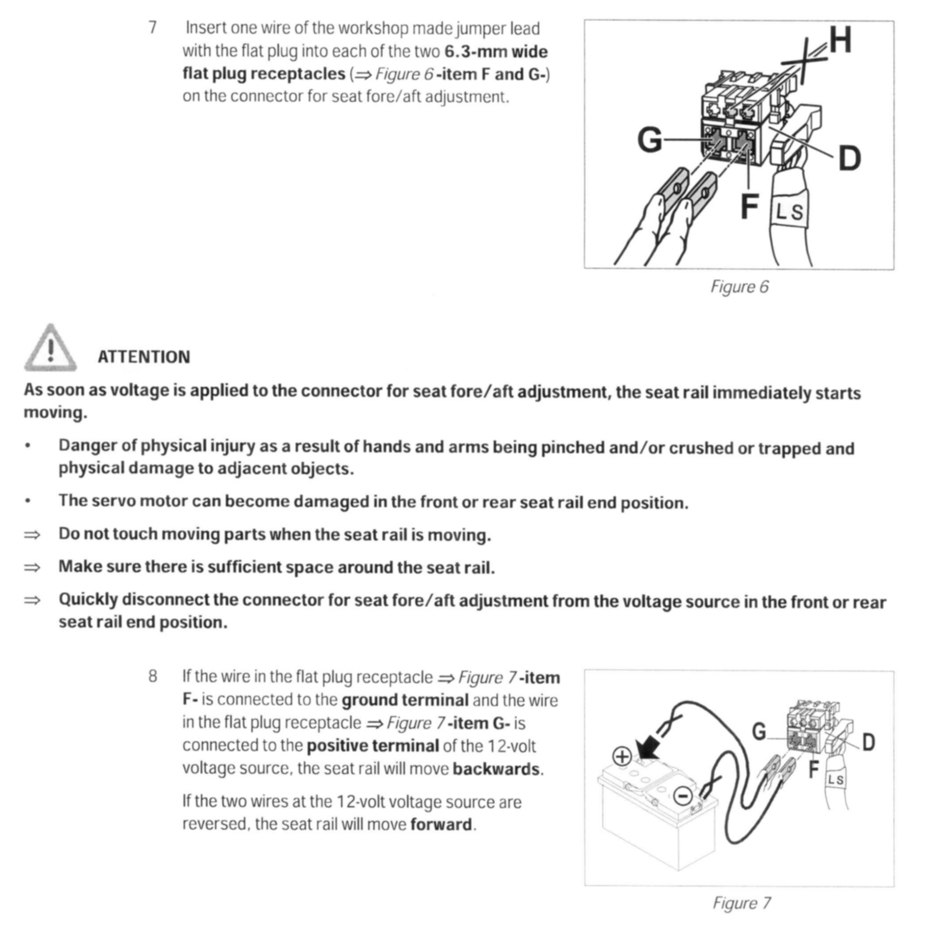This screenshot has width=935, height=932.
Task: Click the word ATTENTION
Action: click(x=144, y=357)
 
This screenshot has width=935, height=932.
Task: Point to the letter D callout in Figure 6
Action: click(x=849, y=159)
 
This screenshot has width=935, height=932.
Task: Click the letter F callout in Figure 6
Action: click(x=749, y=207)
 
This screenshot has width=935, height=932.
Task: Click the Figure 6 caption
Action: click(x=739, y=287)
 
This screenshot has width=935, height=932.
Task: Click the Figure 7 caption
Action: click(x=741, y=903)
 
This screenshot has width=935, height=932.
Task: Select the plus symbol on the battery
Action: click(x=622, y=756)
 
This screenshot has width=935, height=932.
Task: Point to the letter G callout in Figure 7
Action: click(x=759, y=731)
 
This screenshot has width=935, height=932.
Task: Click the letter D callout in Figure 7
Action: click(x=869, y=742)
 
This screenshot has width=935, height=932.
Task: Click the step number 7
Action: click(x=153, y=28)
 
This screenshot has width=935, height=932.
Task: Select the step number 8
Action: click(x=153, y=676)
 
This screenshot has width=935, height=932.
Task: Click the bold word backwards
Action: click(x=496, y=769)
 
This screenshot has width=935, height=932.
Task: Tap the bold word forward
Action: click(x=441, y=824)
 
